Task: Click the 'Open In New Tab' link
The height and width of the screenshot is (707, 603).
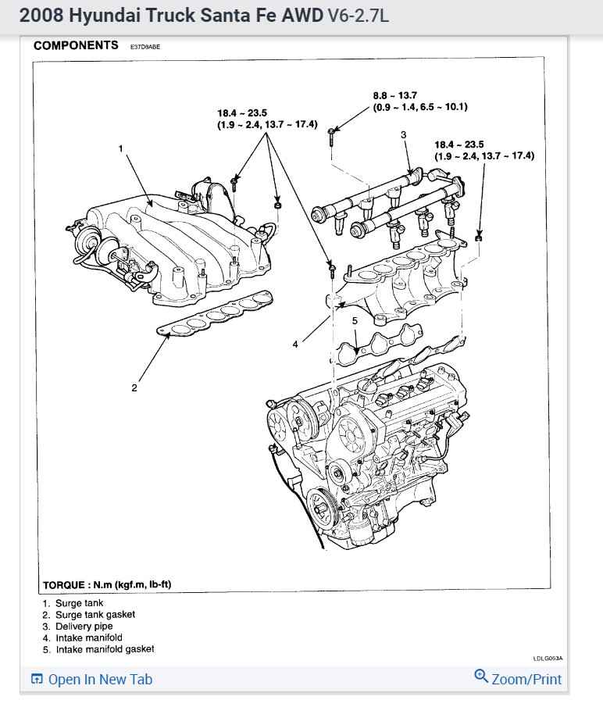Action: [x=91, y=679]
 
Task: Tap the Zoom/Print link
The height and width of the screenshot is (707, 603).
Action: [x=518, y=678]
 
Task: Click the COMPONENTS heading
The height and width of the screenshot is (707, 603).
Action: [x=76, y=46]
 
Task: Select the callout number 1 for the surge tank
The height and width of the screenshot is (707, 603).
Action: [x=121, y=148]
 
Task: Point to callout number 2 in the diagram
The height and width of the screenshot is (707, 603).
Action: [x=134, y=387]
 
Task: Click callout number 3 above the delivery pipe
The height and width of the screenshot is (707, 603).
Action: [x=403, y=135]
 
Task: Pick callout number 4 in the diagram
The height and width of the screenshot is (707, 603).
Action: [x=295, y=345]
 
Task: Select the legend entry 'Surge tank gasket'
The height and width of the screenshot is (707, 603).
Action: [x=89, y=615]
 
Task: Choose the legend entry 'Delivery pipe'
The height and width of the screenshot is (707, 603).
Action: [x=78, y=627]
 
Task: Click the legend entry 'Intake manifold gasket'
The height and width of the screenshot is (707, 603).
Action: [x=98, y=649]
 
